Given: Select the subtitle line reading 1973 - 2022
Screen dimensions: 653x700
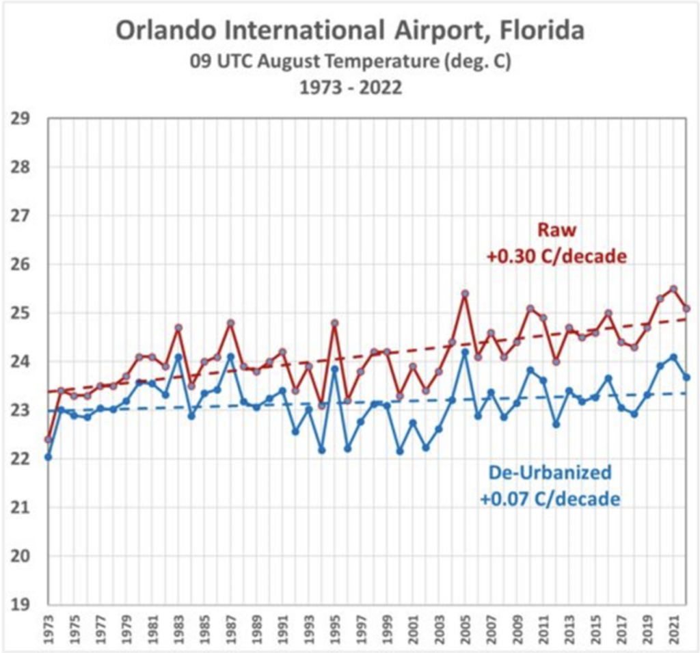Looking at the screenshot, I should [x=350, y=86].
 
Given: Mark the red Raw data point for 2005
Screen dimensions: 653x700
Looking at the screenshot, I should [x=465, y=294].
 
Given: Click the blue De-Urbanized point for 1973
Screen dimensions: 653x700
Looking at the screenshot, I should [x=48, y=457].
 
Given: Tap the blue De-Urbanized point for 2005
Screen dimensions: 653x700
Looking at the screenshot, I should [x=465, y=353].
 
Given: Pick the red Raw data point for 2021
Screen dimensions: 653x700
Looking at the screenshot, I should [x=673, y=289].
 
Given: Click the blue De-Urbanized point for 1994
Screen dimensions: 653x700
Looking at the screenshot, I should [x=322, y=450].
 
